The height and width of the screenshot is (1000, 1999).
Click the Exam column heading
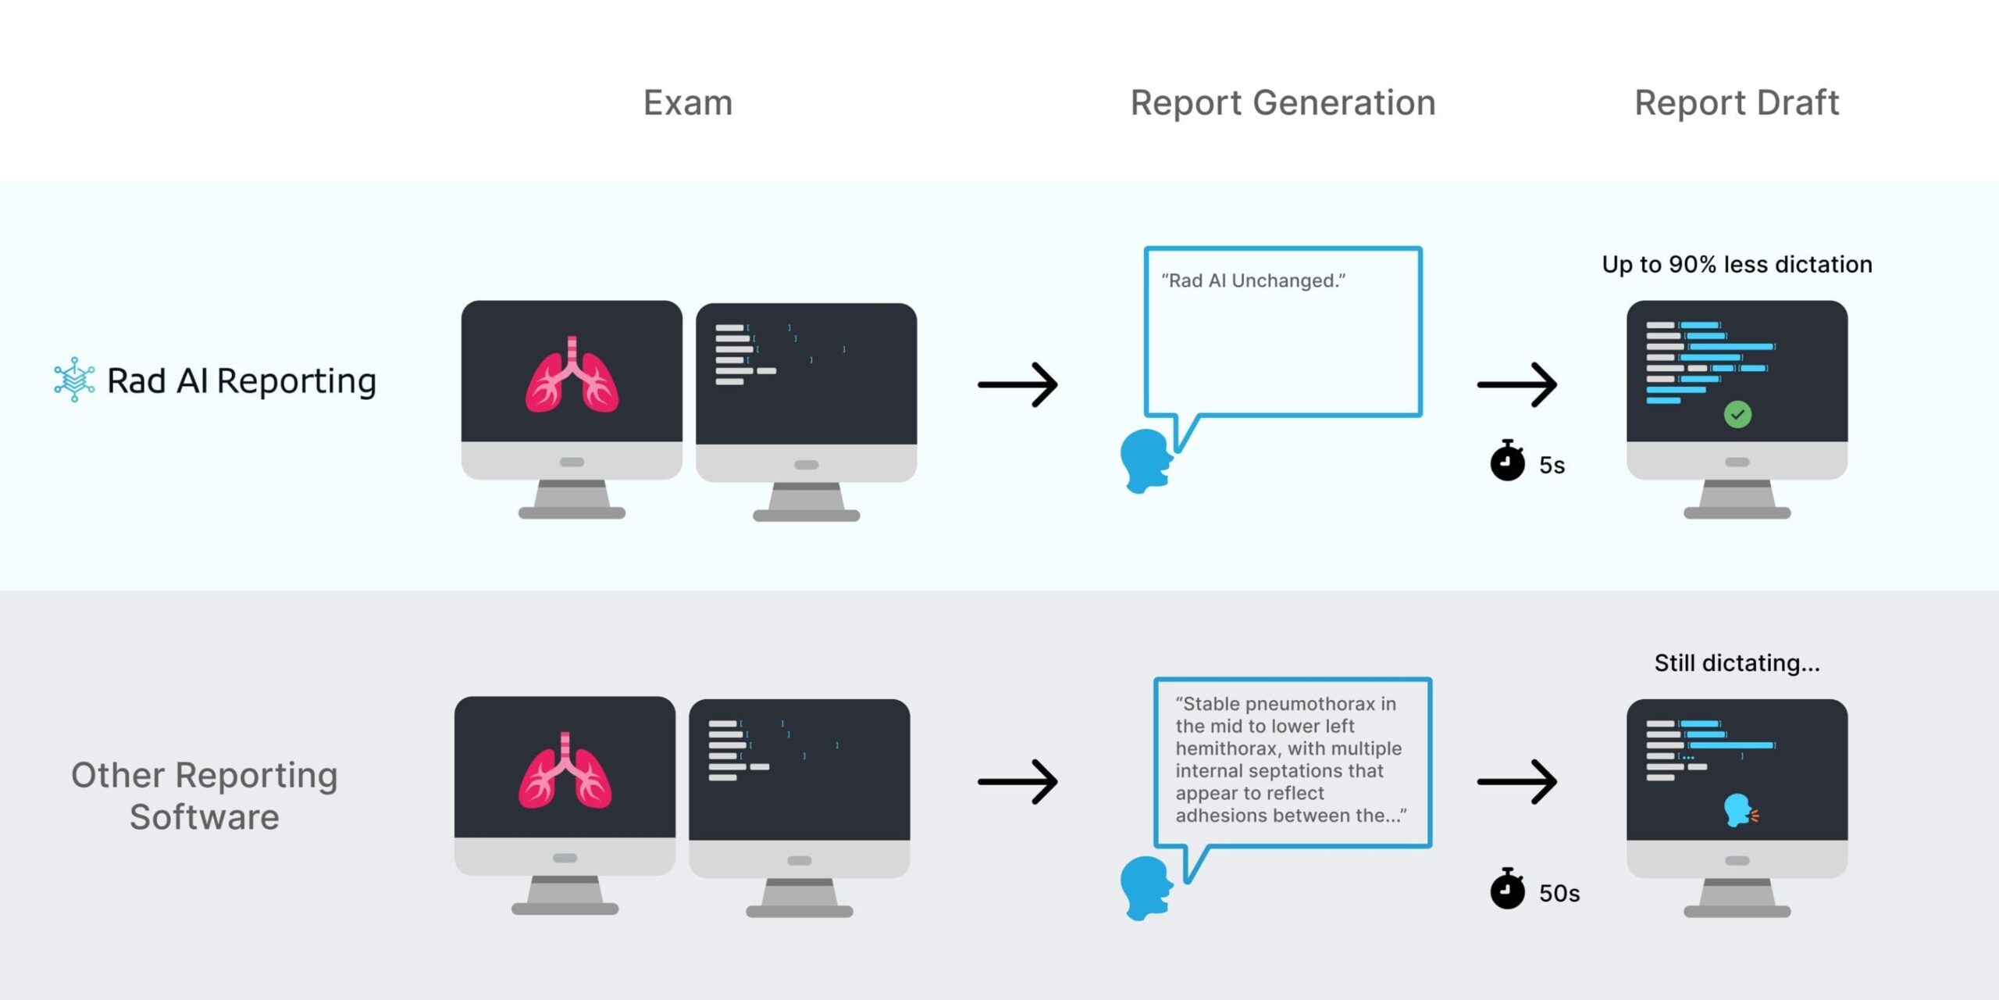point(688,103)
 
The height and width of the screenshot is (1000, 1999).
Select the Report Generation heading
point(1283,103)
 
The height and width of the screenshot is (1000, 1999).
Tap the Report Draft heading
point(1737,103)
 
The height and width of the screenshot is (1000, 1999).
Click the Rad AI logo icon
point(74,380)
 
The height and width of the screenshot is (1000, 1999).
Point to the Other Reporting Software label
point(205,795)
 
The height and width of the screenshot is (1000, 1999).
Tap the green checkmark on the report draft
point(1737,414)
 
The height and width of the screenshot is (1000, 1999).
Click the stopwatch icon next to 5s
point(1507,462)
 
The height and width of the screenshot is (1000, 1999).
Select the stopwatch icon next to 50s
point(1507,890)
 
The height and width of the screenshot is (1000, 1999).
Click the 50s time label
point(1559,893)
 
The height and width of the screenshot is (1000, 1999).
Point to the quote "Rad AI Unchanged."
point(1253,280)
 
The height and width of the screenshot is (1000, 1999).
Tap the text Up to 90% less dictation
point(1737,265)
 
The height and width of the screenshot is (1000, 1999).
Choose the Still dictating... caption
point(1737,663)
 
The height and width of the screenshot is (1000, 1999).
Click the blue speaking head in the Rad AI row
point(1146,460)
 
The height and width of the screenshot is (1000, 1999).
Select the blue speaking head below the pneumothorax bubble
point(1146,888)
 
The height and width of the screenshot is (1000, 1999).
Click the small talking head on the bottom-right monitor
point(1739,811)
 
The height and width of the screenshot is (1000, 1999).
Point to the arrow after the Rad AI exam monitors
point(1017,384)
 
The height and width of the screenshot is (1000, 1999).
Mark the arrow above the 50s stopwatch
point(1516,781)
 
